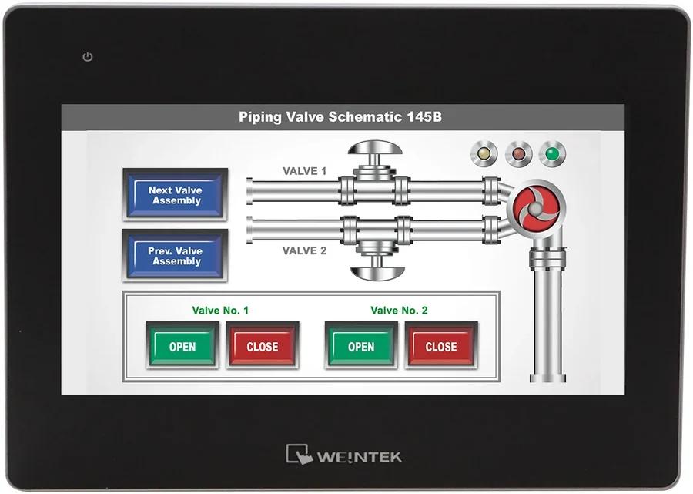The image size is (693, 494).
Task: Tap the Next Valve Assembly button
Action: [x=175, y=194]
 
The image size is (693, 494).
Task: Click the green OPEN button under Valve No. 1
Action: [x=182, y=346]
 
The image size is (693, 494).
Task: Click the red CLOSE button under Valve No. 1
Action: [x=263, y=346]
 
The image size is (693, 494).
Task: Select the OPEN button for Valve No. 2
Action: [x=361, y=346]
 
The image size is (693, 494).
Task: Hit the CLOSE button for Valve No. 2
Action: [x=441, y=346]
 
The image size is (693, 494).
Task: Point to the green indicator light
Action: [x=552, y=154]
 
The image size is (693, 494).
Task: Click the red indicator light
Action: [x=518, y=154]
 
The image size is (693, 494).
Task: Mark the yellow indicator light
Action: [x=484, y=154]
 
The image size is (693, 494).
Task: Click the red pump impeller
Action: [x=536, y=208]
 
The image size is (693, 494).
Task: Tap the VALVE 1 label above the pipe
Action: [x=304, y=171]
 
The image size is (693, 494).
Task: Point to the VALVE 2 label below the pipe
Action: [x=304, y=250]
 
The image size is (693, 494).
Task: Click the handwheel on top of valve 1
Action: [x=375, y=148]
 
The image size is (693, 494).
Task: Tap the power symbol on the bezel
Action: [x=88, y=56]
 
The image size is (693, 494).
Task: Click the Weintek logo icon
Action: [x=300, y=454]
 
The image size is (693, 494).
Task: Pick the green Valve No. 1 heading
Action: [x=220, y=311]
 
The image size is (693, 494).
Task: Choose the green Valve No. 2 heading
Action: [x=399, y=311]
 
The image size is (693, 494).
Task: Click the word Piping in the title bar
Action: [x=260, y=117]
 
